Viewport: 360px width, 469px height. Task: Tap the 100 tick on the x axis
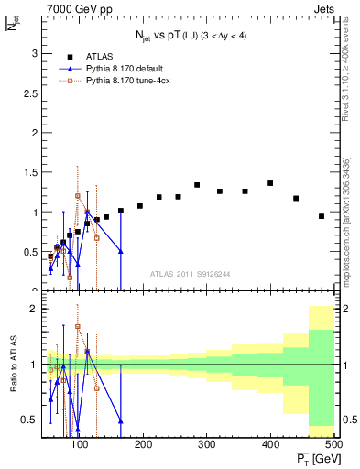(80, 445)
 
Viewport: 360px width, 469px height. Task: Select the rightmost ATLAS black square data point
(322, 216)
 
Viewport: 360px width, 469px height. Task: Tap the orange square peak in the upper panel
(78, 196)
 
